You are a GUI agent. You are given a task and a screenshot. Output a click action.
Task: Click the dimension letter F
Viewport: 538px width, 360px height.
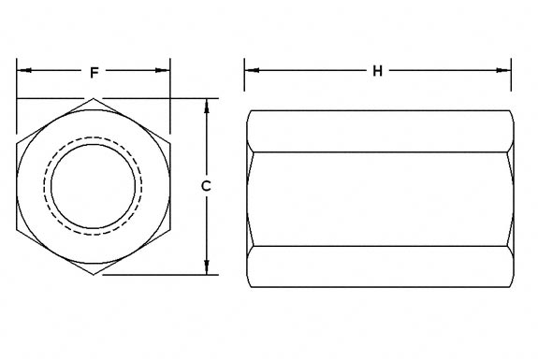coord(95,71)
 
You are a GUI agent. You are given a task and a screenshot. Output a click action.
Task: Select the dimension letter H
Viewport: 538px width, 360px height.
coord(377,71)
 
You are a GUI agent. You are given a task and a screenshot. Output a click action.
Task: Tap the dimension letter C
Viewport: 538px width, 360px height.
coord(206,186)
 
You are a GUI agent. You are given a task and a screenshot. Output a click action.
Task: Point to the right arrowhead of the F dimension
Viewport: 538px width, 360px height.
coord(166,71)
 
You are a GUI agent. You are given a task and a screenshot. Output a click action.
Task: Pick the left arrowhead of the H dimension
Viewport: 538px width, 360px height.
coord(250,71)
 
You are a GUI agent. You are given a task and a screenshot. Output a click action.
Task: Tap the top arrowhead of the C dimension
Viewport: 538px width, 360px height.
coord(206,104)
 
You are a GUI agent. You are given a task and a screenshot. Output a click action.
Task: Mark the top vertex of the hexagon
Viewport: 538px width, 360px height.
coord(95,98)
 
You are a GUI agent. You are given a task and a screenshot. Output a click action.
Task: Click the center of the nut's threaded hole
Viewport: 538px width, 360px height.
coord(94,186)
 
